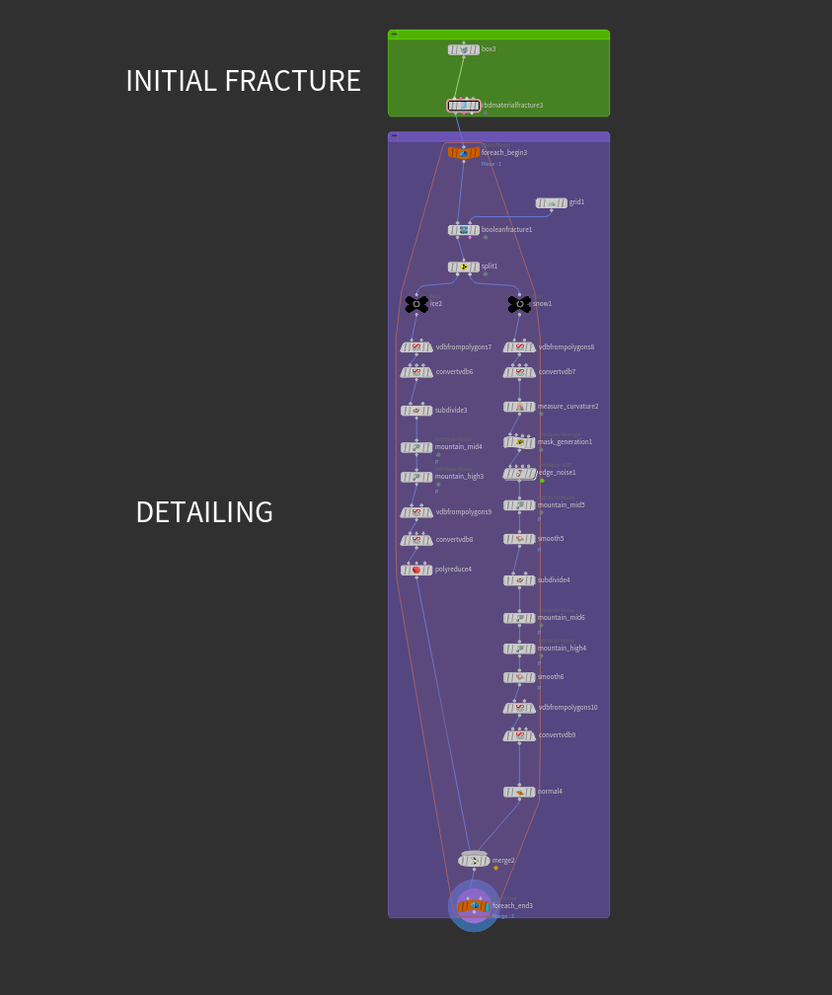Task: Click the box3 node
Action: coord(463,49)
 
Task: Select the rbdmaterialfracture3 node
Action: coord(463,106)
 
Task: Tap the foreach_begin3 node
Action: coord(463,153)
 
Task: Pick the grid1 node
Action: coord(551,203)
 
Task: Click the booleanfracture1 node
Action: coord(463,230)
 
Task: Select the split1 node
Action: coord(463,267)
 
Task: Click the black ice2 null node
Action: coord(416,304)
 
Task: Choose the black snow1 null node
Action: coord(519,304)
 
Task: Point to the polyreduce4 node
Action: coord(416,570)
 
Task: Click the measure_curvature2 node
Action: coord(519,407)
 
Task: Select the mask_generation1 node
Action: coord(519,442)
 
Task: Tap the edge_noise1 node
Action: coord(519,474)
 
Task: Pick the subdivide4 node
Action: coord(519,580)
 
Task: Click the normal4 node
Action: coord(519,792)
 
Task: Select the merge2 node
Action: coord(474,861)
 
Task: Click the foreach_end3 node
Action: coord(474,906)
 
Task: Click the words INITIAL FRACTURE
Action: coord(243,82)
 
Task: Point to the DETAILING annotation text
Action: coord(204,513)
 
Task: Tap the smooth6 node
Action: coord(519,677)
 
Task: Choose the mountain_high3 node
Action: coord(416,477)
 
